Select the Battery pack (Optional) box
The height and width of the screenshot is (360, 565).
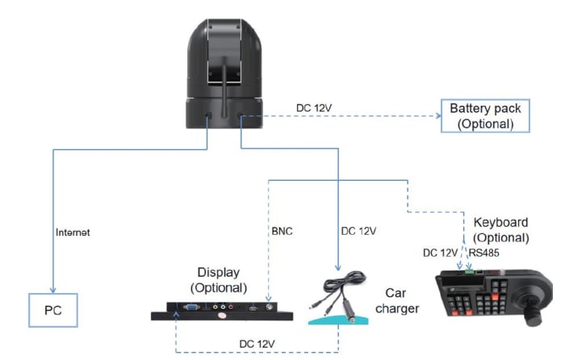pyautogui.click(x=485, y=116)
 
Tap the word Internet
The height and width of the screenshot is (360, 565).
pyautogui.click(x=73, y=232)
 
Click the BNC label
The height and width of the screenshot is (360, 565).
pyautogui.click(x=282, y=231)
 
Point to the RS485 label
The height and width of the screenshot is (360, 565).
pyautogui.click(x=484, y=252)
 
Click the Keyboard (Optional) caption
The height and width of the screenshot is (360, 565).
pyautogui.click(x=500, y=229)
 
